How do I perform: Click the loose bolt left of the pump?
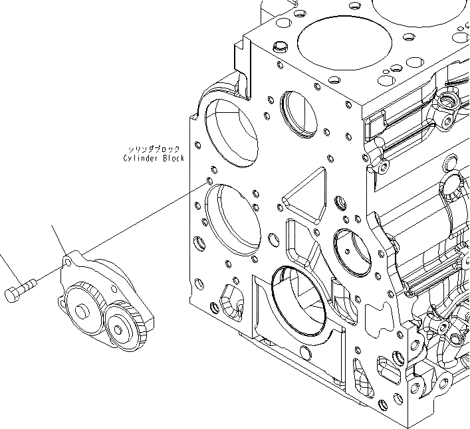pyautogui.click(x=20, y=290)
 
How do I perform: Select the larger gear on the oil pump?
pyautogui.click(x=82, y=309)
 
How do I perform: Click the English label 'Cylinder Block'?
pyautogui.click(x=154, y=159)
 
